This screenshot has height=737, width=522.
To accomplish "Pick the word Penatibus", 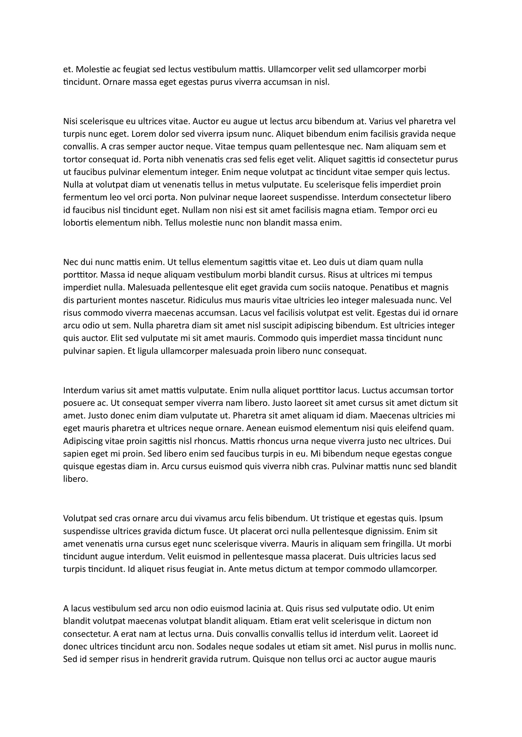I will [x=391, y=287].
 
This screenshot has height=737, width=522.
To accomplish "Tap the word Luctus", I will [x=375, y=390].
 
